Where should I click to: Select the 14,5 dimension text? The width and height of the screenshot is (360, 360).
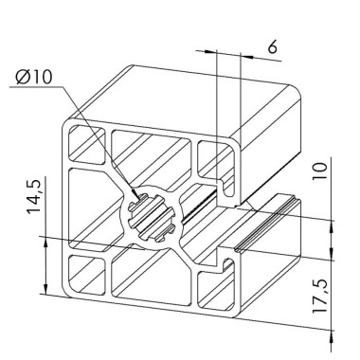point(36,206)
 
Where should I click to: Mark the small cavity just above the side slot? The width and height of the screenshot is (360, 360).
point(213,161)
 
